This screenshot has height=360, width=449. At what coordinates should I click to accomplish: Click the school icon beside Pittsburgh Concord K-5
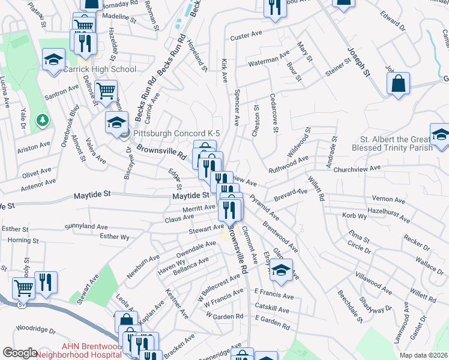point(116,122)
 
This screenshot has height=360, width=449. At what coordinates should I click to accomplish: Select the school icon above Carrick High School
point(53,58)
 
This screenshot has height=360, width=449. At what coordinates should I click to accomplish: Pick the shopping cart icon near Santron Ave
point(106,91)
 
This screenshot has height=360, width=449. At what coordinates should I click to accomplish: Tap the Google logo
point(20,353)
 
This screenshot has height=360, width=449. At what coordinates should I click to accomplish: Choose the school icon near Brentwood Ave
point(280,269)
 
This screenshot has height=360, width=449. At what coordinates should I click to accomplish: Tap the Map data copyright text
point(423,355)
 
